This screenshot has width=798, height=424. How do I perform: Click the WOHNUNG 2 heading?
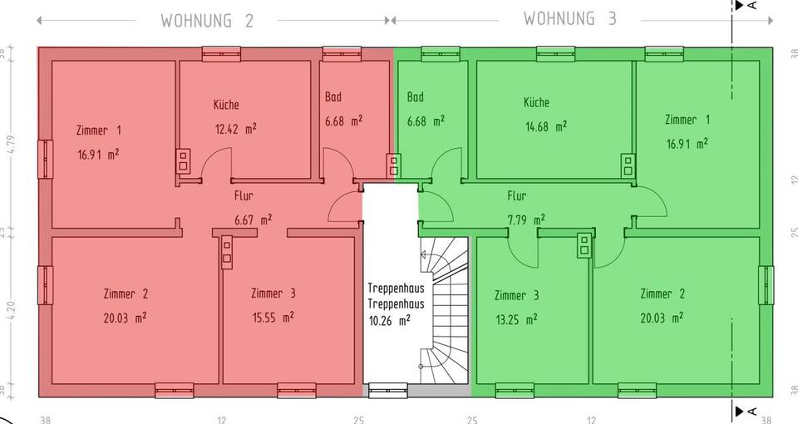207,20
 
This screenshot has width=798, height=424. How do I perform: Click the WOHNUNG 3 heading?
570,18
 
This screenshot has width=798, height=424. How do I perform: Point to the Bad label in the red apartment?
332,97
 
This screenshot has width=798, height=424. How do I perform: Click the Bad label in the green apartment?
416,97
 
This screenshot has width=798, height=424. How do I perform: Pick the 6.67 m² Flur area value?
254,220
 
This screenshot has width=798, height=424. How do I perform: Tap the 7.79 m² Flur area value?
526,220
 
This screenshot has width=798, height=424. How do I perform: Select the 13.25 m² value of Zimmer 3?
515,319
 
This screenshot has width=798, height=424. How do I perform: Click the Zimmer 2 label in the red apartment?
126,293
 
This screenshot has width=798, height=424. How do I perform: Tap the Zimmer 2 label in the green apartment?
663,293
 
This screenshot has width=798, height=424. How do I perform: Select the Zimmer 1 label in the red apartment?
98,131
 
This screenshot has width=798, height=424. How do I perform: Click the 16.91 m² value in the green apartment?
687,143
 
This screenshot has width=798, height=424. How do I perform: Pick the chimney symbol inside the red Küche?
183,160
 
